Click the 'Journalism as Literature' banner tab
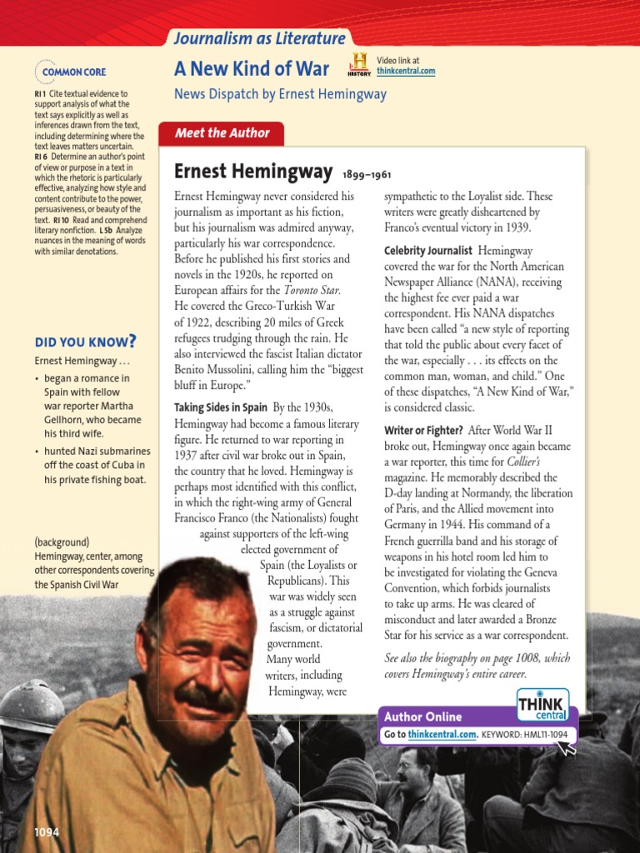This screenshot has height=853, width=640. [259, 39]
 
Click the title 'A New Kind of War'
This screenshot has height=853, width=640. [252, 68]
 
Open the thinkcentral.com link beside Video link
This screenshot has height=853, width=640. [406, 72]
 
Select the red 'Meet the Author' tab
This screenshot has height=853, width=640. [222, 133]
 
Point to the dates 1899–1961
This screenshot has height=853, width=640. [367, 175]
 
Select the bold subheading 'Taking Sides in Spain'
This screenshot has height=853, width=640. [221, 407]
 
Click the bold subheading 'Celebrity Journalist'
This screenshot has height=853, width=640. [428, 251]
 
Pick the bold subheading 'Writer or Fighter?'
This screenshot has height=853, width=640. [423, 431]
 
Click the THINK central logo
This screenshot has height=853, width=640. [542, 705]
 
